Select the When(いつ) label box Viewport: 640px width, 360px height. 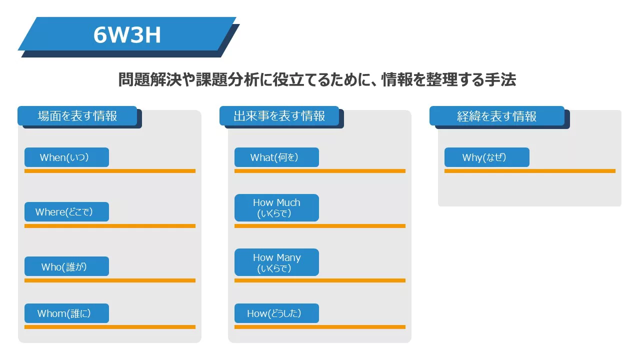66,157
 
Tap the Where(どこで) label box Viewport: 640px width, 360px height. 66,211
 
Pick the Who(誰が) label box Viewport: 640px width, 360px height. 66,266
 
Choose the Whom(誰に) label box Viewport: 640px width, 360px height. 66,313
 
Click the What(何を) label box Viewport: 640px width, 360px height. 276,157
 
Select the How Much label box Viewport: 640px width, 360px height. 276,207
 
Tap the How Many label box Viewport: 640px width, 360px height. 276,262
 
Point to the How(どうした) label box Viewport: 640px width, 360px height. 276,313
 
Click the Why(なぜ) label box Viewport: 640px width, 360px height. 487,157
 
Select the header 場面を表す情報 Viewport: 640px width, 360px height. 77,115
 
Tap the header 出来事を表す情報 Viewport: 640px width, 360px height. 279,115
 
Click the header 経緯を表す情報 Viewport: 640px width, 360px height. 497,115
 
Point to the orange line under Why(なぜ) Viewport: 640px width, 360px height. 529,171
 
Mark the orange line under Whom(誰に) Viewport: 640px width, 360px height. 109,327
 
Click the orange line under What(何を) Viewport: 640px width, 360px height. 319,171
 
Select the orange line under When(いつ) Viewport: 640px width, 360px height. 109,171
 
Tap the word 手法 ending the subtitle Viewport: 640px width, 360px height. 500,79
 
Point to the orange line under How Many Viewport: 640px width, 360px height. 319,280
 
